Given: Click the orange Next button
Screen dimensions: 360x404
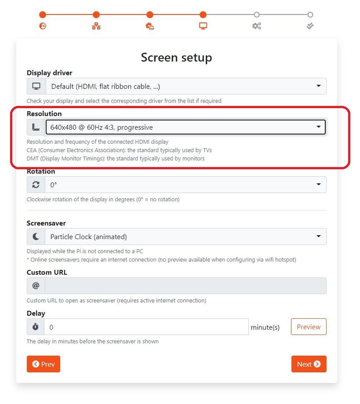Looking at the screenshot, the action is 309,364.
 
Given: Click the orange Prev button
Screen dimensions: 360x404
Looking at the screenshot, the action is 43,364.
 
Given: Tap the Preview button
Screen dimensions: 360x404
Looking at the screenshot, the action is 309,327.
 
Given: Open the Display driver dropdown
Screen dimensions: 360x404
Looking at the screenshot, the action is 186,86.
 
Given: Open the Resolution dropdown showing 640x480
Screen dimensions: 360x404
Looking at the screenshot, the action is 185,127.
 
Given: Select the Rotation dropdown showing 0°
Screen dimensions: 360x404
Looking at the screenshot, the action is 186,185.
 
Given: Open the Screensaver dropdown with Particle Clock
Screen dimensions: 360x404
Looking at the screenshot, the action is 186,236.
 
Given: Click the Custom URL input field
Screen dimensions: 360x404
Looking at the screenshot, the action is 186,286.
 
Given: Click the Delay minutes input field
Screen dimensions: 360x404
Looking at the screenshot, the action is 146,327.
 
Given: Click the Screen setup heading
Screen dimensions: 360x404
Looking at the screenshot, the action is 176,57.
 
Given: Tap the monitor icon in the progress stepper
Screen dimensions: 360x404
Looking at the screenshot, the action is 203,26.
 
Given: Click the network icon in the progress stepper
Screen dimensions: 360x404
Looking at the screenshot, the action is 96,26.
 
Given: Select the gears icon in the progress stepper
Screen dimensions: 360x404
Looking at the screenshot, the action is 256,26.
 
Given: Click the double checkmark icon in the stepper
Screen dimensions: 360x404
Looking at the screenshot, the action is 310,26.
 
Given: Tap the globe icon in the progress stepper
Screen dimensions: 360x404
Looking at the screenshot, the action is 43,26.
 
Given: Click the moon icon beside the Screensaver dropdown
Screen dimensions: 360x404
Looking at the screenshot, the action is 36,236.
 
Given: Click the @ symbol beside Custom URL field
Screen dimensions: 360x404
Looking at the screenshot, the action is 36,286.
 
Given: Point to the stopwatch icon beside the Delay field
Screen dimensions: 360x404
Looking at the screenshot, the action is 36,327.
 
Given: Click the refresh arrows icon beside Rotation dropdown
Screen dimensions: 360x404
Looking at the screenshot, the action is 36,185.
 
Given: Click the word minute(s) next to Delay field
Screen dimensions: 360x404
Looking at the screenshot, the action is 265,327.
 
